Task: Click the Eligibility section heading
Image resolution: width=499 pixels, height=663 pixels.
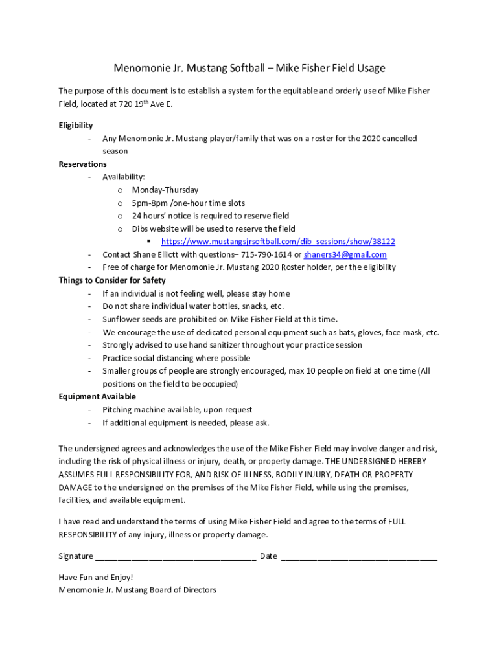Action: [76, 126]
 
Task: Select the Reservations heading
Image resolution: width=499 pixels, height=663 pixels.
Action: [82, 164]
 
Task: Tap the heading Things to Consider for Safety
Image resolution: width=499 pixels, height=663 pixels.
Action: [112, 280]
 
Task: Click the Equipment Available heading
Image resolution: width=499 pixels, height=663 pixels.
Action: [97, 397]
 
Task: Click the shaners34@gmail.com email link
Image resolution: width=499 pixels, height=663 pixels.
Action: [345, 254]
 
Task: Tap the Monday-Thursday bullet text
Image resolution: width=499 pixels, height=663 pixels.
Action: [165, 190]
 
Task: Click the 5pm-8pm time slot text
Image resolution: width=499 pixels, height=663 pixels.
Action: [188, 203]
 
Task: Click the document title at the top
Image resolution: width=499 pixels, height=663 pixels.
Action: [250, 68]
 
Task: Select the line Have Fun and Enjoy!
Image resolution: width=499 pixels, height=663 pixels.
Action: [96, 577]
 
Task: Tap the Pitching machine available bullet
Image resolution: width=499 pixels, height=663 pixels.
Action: [177, 410]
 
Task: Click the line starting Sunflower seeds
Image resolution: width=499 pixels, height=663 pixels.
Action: [220, 319]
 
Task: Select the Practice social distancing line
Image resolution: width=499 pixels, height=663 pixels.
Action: [176, 358]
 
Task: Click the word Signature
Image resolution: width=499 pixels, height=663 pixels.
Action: [75, 556]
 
